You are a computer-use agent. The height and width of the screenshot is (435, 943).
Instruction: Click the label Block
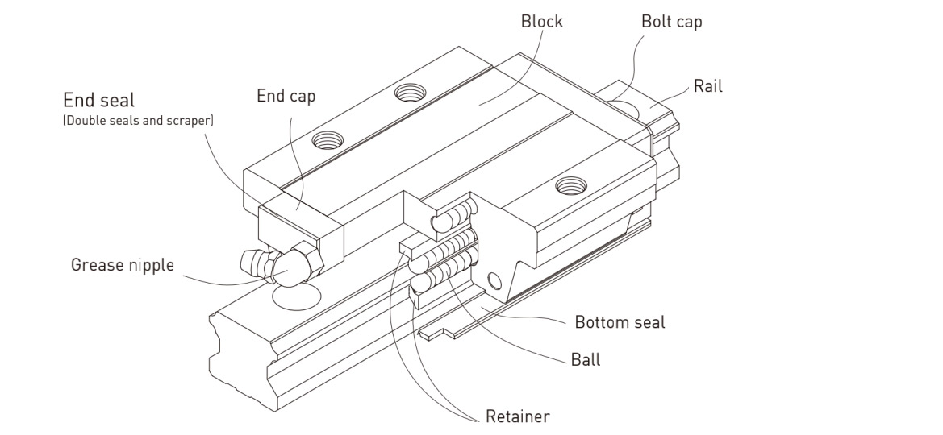point(542,22)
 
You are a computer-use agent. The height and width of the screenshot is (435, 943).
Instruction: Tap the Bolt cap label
point(671,22)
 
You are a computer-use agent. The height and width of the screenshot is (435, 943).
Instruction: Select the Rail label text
point(708,85)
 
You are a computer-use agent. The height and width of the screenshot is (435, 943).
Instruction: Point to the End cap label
point(286,96)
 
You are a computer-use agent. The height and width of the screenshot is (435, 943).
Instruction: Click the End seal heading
point(99,101)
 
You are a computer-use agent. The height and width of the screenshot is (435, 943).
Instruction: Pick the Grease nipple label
point(122,264)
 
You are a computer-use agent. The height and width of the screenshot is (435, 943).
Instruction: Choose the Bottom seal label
point(620,322)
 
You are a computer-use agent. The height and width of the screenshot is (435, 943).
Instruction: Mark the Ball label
point(585,359)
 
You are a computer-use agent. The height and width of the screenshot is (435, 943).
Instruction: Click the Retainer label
point(518,416)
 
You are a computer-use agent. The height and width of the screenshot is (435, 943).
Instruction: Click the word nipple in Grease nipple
point(151,265)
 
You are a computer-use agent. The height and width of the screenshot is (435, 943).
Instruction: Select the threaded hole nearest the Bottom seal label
point(571,184)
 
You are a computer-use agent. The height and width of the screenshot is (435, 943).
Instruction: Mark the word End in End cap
point(270,96)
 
